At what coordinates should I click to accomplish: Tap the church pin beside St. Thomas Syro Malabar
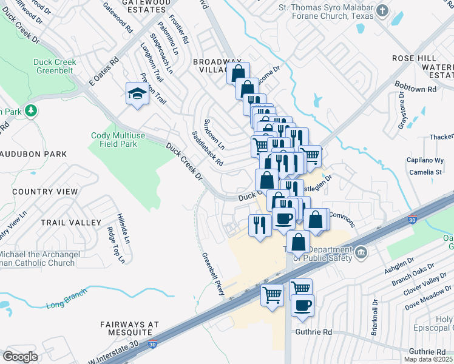coord(382,10)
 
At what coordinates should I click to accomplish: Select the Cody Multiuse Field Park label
coord(114,140)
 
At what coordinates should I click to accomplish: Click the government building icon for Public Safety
coord(360,251)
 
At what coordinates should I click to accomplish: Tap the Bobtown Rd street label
coord(416,89)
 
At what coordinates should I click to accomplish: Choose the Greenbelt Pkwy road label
coord(213,275)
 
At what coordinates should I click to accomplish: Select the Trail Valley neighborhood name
coord(70,223)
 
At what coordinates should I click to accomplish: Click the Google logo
coord(20,356)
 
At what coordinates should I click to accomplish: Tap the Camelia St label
coord(425,172)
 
